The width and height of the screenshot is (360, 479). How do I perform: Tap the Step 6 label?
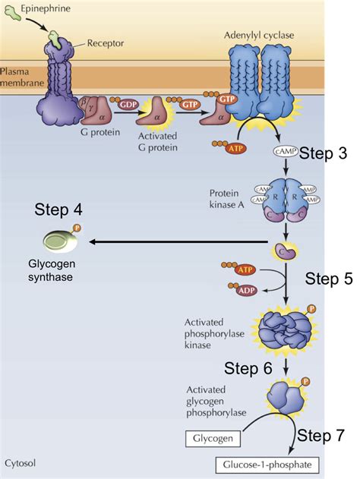click(x=248, y=368)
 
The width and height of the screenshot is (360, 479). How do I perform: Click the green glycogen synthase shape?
click(x=60, y=241)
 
